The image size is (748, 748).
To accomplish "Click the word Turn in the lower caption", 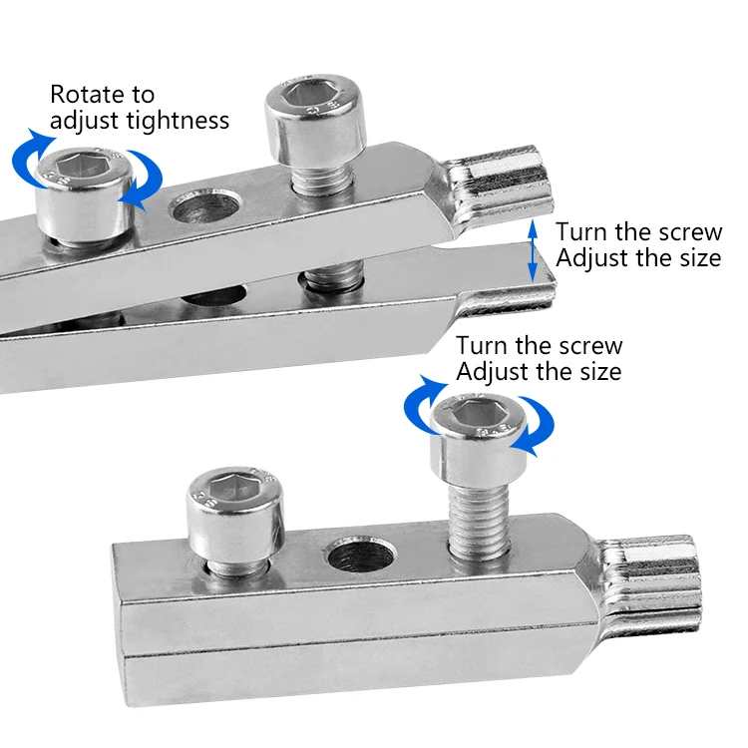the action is coord(483,345).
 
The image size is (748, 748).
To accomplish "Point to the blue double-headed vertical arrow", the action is coord(534,250).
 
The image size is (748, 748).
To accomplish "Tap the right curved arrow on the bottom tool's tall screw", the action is coord(536,426).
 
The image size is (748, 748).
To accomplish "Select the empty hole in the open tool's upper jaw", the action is coord(205,206).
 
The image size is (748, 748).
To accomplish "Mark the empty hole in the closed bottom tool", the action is coord(361,555).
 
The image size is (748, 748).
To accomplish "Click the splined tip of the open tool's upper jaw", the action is coord(499,187).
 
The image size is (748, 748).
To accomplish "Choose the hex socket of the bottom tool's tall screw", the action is coord(479,413).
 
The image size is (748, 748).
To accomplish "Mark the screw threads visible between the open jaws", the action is coord(332,279).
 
